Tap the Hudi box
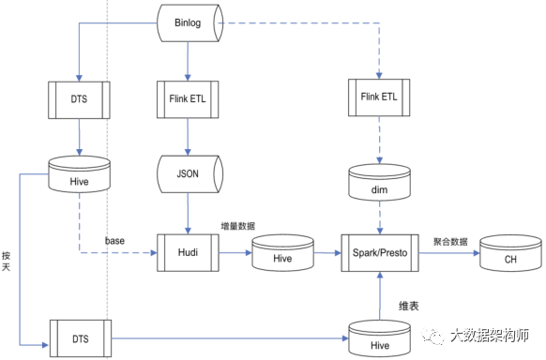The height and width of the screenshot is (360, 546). [188, 252]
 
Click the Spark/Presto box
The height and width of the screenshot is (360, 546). [380, 253]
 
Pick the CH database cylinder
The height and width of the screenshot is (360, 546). [510, 253]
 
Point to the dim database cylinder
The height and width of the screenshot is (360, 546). [380, 183]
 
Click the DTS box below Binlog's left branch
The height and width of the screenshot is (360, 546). [79, 100]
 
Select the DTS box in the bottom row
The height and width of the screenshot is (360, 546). [81, 338]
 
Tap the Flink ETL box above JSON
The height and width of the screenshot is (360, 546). [188, 99]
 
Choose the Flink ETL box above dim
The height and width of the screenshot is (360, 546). [379, 97]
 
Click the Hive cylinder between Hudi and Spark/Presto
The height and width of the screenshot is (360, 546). [282, 253]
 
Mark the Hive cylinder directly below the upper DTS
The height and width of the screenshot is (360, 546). [80, 174]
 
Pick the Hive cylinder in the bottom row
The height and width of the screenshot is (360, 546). [380, 338]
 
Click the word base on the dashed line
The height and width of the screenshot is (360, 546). [114, 241]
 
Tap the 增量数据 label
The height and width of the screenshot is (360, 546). [238, 226]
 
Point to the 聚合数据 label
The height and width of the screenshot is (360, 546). [450, 242]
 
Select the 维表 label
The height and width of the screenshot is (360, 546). [409, 306]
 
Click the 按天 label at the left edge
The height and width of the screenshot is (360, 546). [6, 262]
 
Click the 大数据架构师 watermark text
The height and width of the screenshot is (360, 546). [490, 336]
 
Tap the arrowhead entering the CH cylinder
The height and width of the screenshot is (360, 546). [477, 253]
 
